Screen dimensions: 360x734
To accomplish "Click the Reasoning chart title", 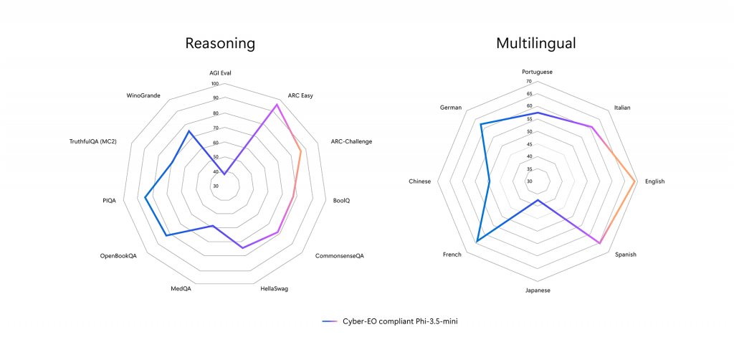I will click(220, 43).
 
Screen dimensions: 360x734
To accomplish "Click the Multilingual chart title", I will click(536, 43).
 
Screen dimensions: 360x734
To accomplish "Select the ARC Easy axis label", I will click(300, 95).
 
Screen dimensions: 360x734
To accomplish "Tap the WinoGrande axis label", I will click(143, 95).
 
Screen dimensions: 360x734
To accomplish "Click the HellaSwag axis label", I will click(273, 289).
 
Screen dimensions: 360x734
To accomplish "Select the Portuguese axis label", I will click(537, 72).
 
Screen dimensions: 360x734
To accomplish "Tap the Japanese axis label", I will click(537, 290).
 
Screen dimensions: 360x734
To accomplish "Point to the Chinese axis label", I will click(419, 181).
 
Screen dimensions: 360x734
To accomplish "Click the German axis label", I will click(452, 108).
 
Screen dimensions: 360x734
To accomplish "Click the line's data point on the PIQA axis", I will click(146, 197).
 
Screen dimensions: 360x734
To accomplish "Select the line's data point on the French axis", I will click(476, 242).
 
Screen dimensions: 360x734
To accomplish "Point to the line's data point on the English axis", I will click(635, 181).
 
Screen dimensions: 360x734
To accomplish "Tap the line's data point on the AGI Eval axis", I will click(224, 174).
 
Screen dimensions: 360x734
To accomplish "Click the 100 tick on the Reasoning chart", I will click(215, 84).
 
